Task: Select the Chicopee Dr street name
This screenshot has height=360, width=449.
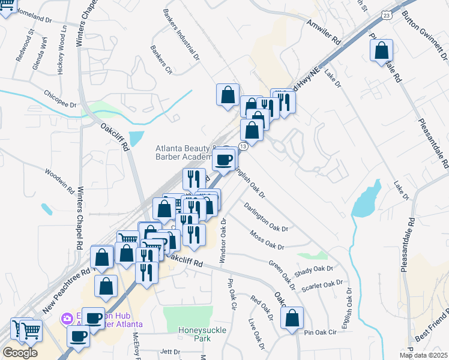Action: [60, 99]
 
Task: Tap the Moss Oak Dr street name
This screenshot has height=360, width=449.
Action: [267, 240]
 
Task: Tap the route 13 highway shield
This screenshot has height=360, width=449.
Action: [243, 146]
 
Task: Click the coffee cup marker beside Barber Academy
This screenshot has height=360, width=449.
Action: [224, 160]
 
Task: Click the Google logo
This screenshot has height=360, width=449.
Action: [19, 353]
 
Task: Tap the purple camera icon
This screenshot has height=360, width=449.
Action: [68, 317]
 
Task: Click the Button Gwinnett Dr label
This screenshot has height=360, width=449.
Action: [427, 37]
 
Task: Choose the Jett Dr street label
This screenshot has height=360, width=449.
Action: [170, 352]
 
